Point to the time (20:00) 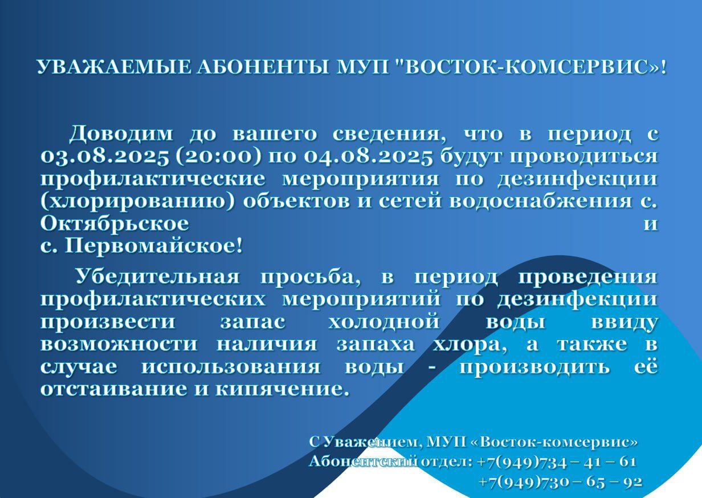[218, 156]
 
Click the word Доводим [121, 133]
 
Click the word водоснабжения [541, 201]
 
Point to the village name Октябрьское [115, 224]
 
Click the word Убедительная [157, 277]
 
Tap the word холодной [384, 322]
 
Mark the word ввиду [624, 322]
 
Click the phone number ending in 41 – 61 [557, 462]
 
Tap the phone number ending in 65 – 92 [561, 481]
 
